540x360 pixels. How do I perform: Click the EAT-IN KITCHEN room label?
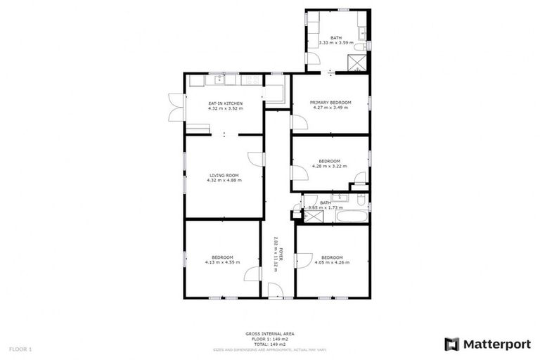(225, 103)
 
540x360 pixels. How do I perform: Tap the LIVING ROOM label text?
(224, 175)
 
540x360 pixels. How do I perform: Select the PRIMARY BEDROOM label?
(330, 103)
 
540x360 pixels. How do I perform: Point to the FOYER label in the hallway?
(281, 256)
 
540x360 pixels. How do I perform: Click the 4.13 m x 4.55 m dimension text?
(222, 262)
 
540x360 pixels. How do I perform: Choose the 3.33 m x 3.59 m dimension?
(336, 43)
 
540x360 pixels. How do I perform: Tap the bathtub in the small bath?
(352, 214)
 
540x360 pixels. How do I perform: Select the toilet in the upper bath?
(360, 46)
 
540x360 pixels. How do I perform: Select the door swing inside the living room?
(257, 159)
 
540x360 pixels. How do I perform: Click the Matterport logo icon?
(451, 344)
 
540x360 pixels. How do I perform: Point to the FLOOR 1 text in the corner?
(20, 349)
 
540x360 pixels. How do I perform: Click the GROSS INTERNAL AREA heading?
(270, 333)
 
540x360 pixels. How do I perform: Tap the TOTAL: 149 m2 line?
(270, 344)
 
